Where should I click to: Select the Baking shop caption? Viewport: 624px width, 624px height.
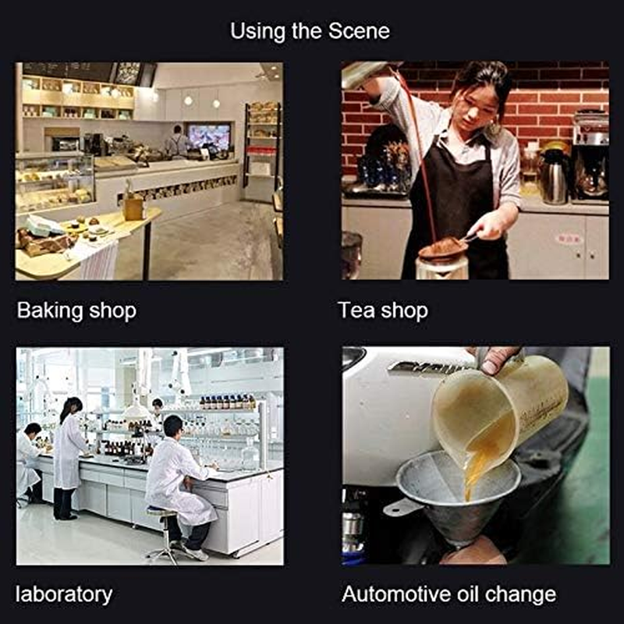76,310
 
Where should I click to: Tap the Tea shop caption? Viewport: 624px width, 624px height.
383,310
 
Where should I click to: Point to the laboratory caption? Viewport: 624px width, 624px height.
65,594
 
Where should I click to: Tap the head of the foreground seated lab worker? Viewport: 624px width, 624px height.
173,427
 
